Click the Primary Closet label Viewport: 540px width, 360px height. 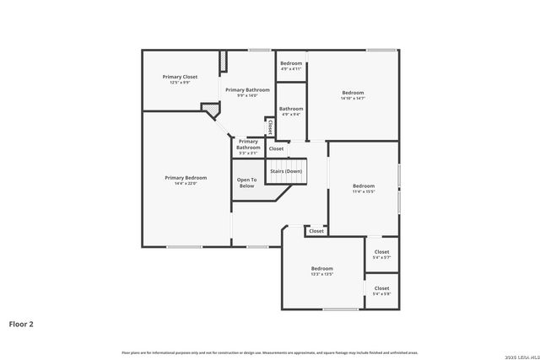tap(179, 77)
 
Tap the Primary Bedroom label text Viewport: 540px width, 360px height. tap(186, 178)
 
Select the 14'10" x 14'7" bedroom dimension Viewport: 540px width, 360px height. tap(353, 99)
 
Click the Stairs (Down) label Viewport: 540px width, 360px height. tap(285, 171)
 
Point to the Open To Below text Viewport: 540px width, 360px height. tap(246, 183)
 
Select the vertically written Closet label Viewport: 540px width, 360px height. tap(270, 126)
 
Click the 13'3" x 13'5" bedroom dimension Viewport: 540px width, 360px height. tap(321, 274)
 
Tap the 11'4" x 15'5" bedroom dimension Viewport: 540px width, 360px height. tap(364, 191)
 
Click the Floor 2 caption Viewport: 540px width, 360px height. tap(21, 323)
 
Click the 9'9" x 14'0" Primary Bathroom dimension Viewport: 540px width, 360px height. tap(247, 95)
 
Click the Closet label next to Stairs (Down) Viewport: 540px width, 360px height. tap(276, 148)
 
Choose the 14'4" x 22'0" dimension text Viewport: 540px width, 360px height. tap(186, 183)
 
